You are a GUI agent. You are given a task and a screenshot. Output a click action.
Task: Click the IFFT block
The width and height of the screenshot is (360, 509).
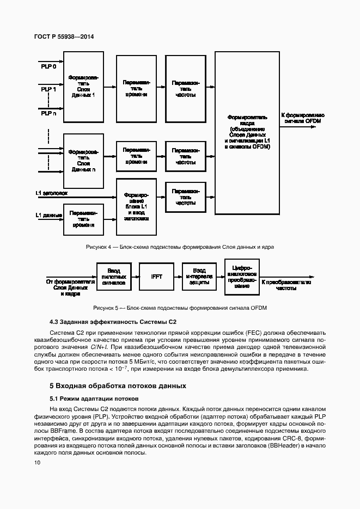tap(156, 277)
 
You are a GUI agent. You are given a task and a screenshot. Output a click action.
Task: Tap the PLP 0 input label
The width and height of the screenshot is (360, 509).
tap(48, 66)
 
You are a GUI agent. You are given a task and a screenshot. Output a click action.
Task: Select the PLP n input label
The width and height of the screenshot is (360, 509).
tap(48, 113)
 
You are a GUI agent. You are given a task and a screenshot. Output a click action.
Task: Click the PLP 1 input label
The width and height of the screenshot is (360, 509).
tap(48, 90)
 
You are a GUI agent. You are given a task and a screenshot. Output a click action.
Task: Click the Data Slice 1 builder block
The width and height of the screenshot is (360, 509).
tap(83, 87)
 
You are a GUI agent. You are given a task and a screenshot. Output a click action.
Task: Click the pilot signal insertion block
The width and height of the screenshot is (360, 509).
tap(114, 277)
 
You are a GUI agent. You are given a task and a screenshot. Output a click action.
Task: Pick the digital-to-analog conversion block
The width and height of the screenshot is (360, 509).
tap(242, 277)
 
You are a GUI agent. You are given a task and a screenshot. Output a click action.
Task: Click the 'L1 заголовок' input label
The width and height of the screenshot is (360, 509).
tap(51, 193)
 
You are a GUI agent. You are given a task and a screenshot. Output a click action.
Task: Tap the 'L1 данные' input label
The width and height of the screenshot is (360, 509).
tap(48, 215)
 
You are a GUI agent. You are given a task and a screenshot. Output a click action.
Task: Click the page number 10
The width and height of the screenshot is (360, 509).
tap(36, 463)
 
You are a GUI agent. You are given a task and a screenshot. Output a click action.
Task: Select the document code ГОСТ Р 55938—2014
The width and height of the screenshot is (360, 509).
tap(63, 36)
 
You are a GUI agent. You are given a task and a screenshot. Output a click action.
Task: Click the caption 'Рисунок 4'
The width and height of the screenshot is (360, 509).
tap(179, 247)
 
